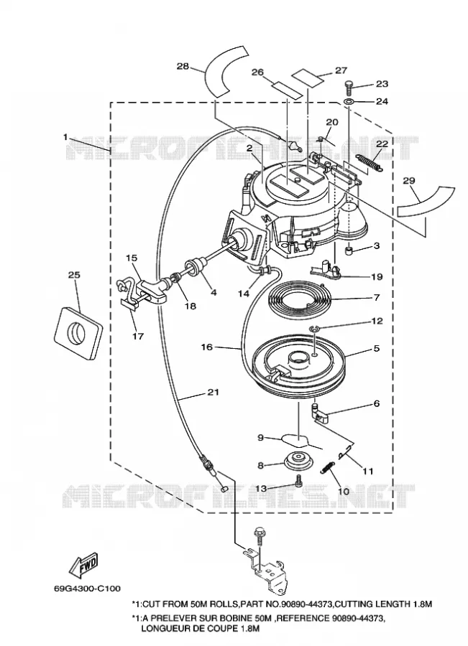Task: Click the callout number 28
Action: [183, 66]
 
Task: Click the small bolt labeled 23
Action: [349, 88]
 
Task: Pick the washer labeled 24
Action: [349, 101]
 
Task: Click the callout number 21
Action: [213, 392]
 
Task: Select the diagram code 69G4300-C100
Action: [87, 589]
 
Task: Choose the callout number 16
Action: [207, 347]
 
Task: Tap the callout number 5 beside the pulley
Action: [377, 349]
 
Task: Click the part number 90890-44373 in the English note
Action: [307, 604]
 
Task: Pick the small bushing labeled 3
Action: [349, 250]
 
